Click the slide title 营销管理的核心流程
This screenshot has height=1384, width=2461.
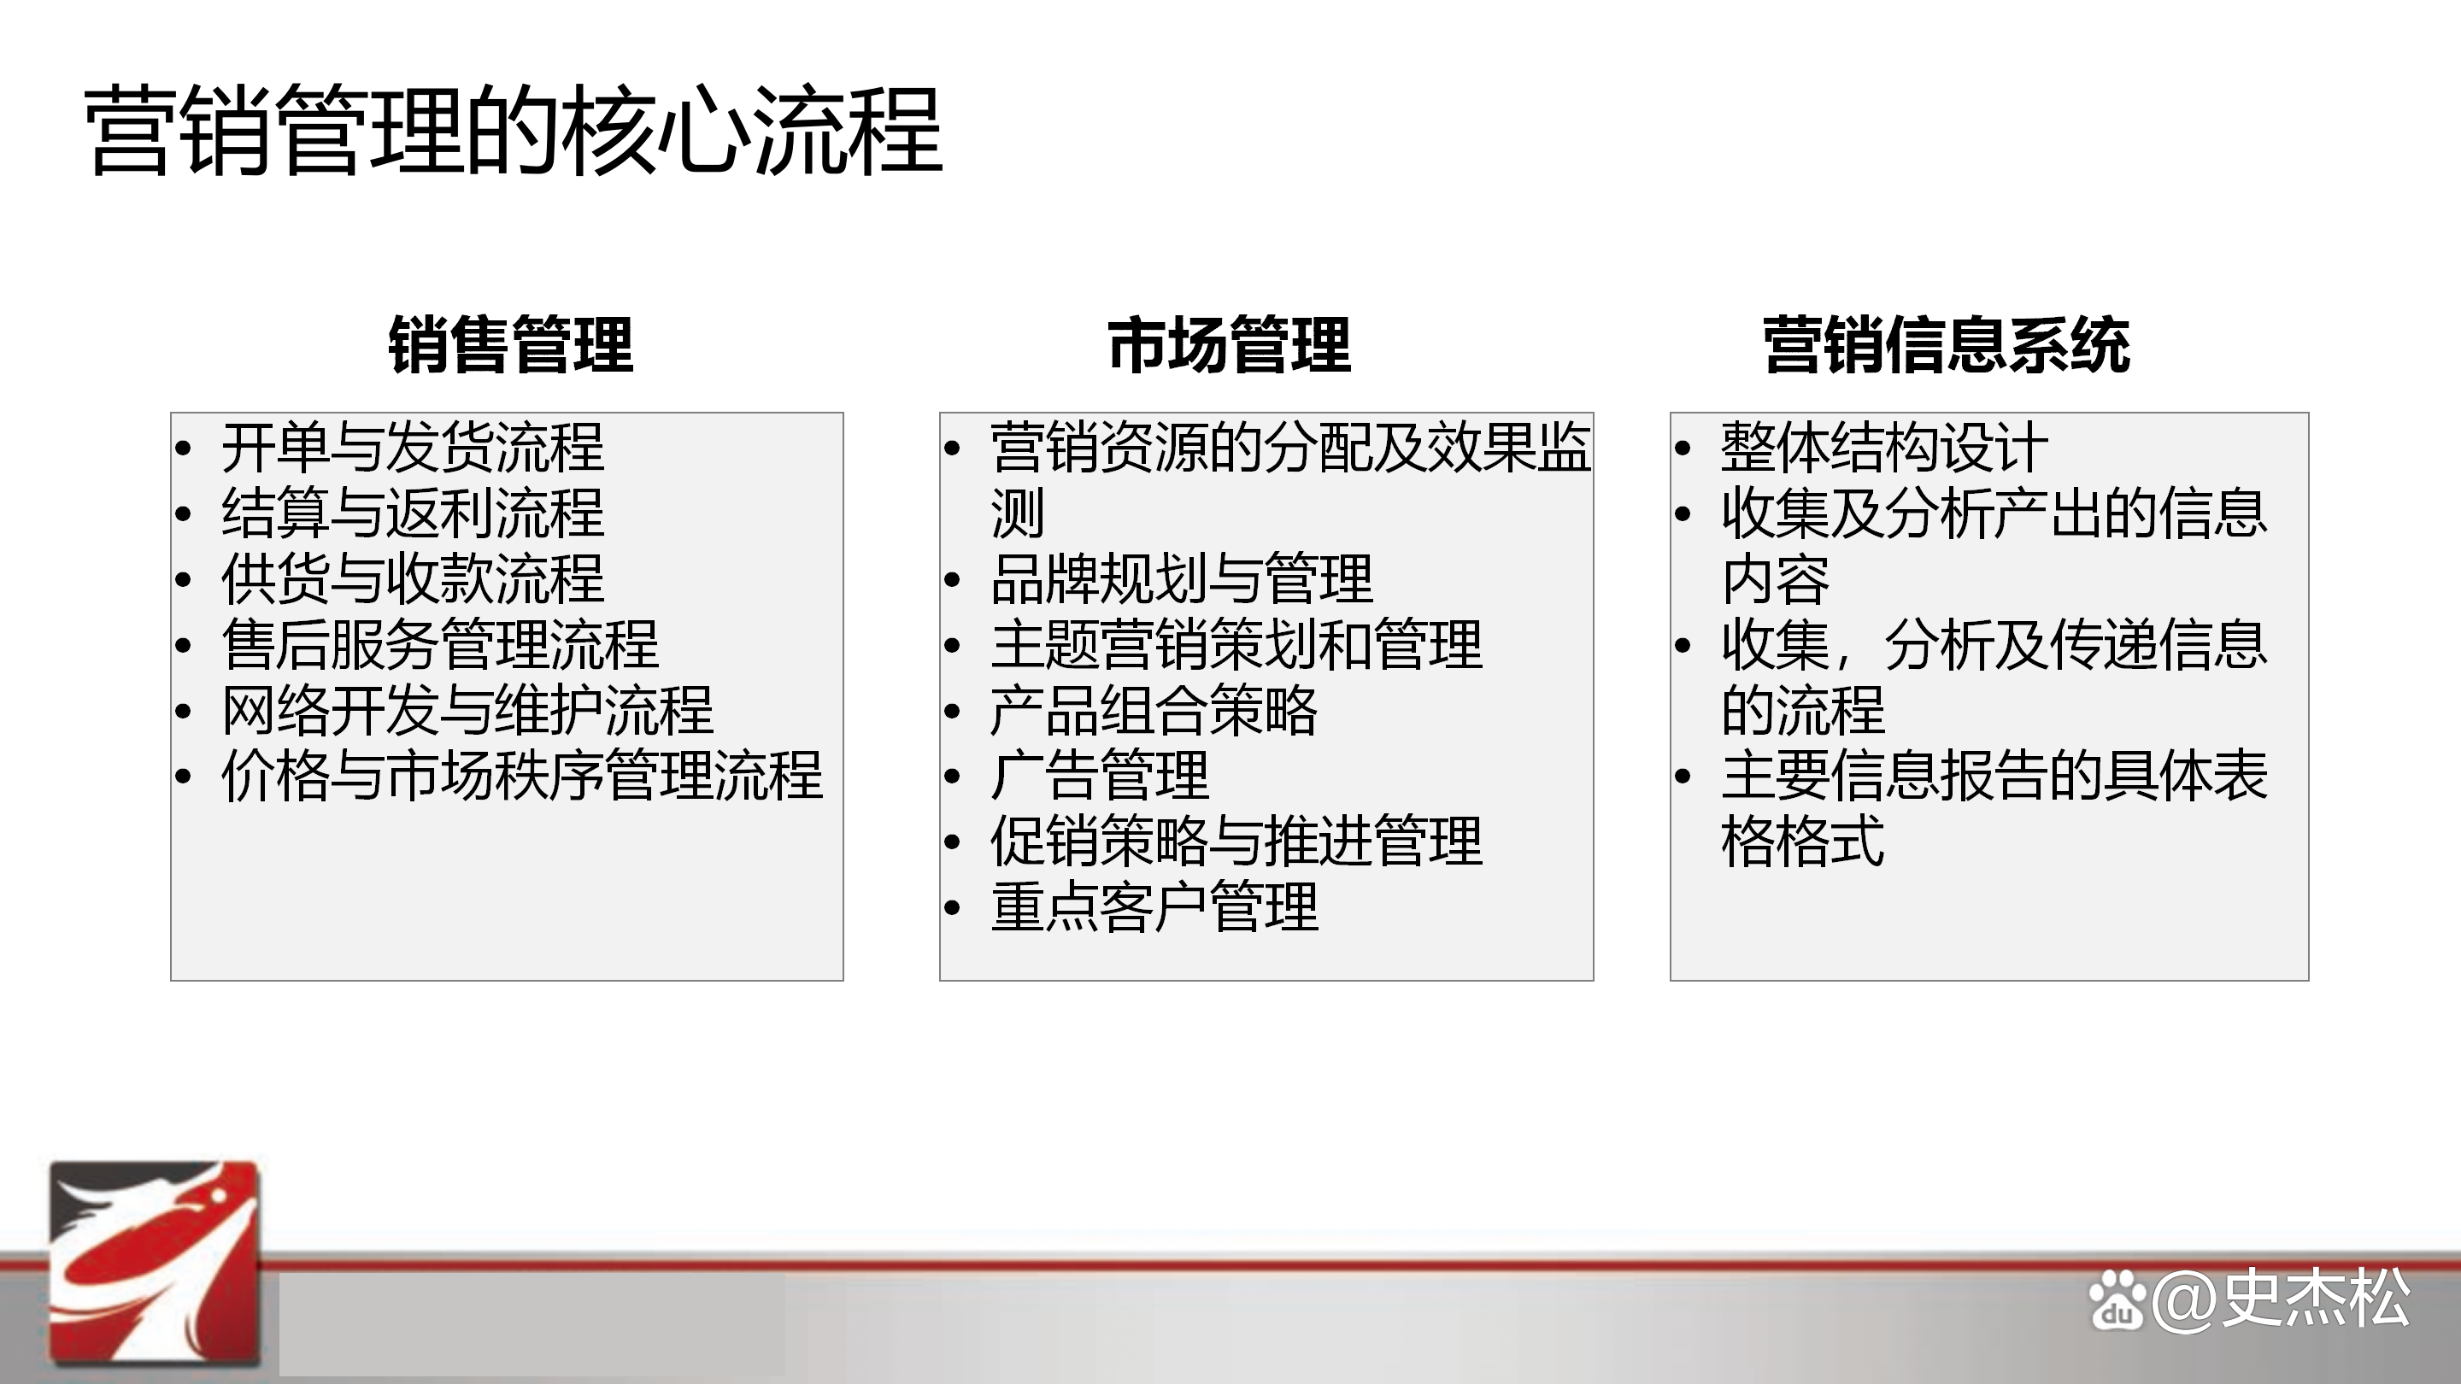(x=514, y=132)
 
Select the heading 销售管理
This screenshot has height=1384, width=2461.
(x=510, y=345)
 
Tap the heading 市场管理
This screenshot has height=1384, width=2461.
(x=1229, y=345)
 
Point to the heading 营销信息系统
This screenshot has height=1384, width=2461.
(x=1946, y=345)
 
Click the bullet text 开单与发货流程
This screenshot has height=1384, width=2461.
(x=413, y=448)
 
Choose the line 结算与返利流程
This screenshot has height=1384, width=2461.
(x=413, y=513)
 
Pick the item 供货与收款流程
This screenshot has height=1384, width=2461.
(x=413, y=579)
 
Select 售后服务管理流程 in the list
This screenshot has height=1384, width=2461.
(x=439, y=645)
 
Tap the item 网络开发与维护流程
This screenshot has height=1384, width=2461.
(x=467, y=710)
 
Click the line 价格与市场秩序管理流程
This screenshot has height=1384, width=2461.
(x=521, y=775)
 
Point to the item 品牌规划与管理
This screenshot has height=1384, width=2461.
(x=1182, y=579)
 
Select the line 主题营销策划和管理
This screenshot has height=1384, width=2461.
(x=1236, y=645)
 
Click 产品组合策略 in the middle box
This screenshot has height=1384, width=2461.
(x=1154, y=710)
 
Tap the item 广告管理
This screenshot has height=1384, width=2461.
(x=1100, y=775)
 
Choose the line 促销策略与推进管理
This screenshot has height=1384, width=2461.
(x=1236, y=841)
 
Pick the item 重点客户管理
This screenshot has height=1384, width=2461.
(x=1154, y=906)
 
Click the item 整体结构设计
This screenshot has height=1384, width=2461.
(x=1884, y=448)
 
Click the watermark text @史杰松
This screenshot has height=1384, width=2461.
(x=2282, y=1299)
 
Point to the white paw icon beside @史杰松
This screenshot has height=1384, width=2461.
(x=2117, y=1301)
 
